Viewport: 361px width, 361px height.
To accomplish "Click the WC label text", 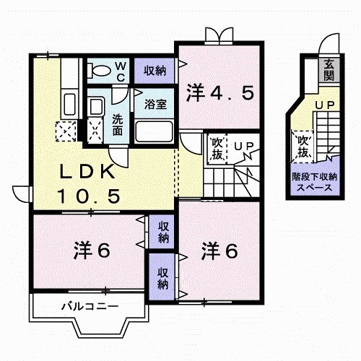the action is [121, 71].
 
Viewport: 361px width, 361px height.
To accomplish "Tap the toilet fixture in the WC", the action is [99, 71].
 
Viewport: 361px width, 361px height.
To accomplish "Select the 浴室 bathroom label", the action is [155, 104].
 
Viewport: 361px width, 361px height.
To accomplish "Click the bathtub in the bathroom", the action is [154, 131].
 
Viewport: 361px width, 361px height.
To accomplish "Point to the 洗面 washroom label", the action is [118, 125].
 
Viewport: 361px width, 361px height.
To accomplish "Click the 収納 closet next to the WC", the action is [155, 71].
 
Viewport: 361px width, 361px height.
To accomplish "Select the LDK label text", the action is [87, 171].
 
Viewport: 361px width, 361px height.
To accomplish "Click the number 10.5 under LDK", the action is [89, 196].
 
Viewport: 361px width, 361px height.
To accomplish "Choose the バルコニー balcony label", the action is [90, 306].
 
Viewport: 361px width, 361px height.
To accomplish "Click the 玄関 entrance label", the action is [329, 70].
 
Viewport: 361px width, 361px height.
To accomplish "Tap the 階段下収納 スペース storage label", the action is [315, 182].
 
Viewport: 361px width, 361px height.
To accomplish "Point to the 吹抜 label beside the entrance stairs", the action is [303, 147].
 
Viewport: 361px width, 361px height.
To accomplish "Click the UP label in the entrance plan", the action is [325, 105].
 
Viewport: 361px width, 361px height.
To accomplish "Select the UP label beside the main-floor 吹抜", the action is [244, 146].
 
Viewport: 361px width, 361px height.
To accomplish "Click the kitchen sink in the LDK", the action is [69, 105].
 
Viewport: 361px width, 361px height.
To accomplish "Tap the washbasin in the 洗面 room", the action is [96, 107].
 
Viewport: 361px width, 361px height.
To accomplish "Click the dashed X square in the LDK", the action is [66, 131].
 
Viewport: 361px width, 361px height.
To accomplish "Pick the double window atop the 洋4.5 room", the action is [219, 35].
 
